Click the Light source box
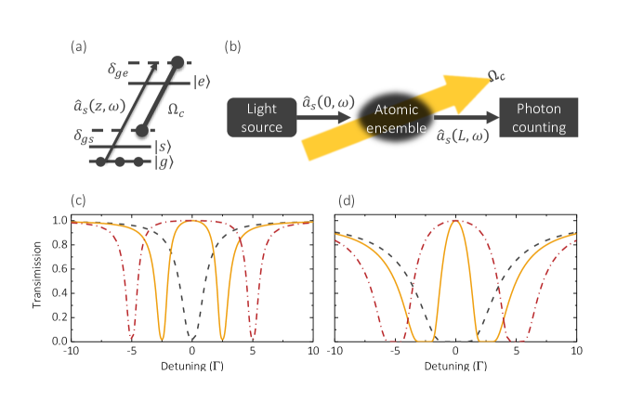[260, 118]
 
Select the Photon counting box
[534, 118]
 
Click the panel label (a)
[81, 44]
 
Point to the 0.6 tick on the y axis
[59, 269]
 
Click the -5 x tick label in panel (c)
[131, 352]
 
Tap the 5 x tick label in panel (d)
[516, 352]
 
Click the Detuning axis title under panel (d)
[455, 368]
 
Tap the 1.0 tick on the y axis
[59, 221]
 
